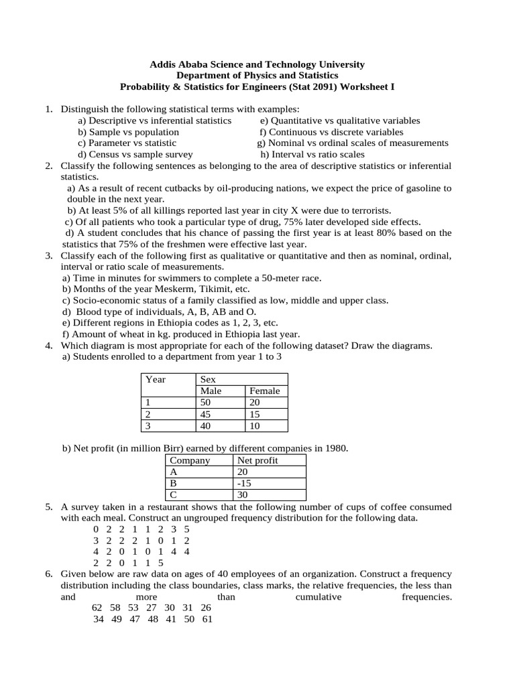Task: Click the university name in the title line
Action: [x=257, y=64]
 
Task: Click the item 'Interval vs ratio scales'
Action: [x=312, y=154]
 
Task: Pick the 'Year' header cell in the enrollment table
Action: [x=156, y=379]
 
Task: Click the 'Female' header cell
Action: [x=264, y=391]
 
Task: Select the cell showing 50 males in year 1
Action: [x=207, y=403]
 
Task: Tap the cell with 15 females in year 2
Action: [x=255, y=414]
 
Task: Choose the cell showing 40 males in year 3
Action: [x=207, y=425]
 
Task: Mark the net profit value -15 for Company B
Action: [x=244, y=483]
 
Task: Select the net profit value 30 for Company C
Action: [x=243, y=495]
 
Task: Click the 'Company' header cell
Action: [x=190, y=460]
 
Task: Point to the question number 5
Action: [x=49, y=507]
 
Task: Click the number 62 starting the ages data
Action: [x=97, y=608]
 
